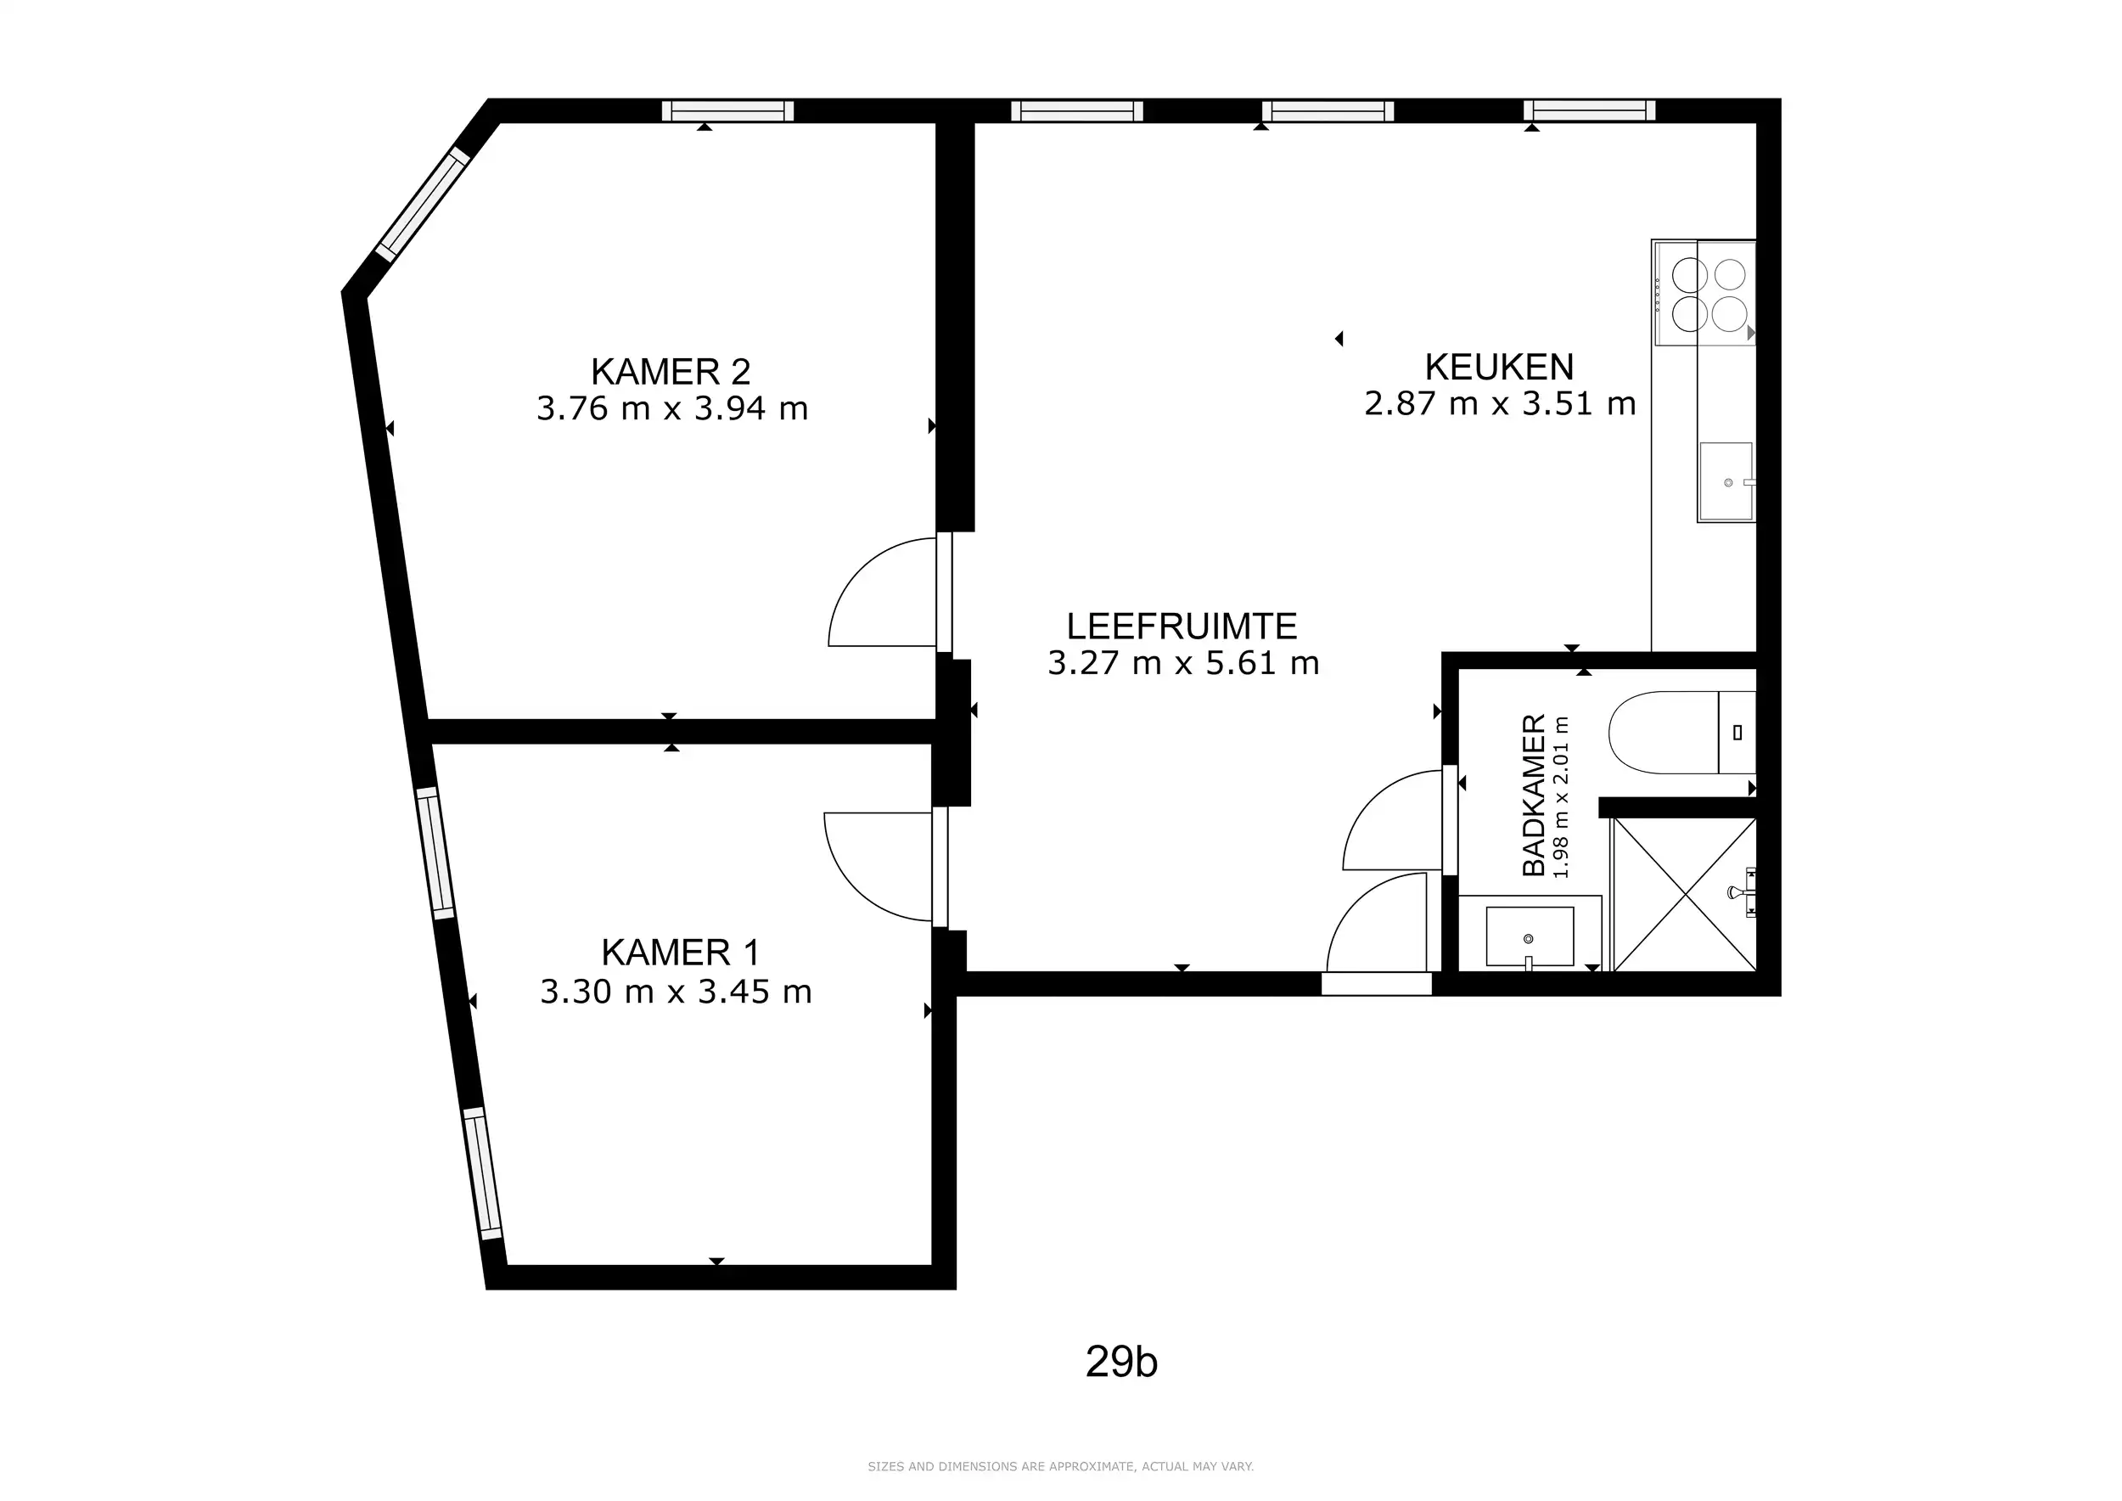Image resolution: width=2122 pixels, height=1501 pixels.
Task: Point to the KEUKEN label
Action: [1499, 367]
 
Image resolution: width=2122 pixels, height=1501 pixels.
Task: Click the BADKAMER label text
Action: [1533, 795]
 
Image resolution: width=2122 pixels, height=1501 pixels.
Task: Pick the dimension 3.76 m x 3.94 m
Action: [672, 408]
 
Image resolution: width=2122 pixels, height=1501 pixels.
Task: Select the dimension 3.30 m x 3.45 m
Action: [676, 992]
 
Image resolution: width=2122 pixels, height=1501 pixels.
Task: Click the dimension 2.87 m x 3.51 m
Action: [1500, 404]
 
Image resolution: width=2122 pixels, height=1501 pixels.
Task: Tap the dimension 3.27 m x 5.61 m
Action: [1183, 664]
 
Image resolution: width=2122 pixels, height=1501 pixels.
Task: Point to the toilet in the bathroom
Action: [1681, 732]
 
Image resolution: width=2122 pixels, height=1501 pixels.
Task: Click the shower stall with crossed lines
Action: [1684, 895]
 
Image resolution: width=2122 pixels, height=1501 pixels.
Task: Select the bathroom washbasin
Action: [1530, 936]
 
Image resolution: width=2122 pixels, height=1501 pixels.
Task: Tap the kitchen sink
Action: [1726, 481]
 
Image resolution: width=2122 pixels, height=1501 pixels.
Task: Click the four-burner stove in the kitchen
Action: [1704, 293]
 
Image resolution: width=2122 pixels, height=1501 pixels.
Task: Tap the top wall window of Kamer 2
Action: [727, 111]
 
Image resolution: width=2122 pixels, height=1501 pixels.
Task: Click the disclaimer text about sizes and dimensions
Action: [1060, 1466]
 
